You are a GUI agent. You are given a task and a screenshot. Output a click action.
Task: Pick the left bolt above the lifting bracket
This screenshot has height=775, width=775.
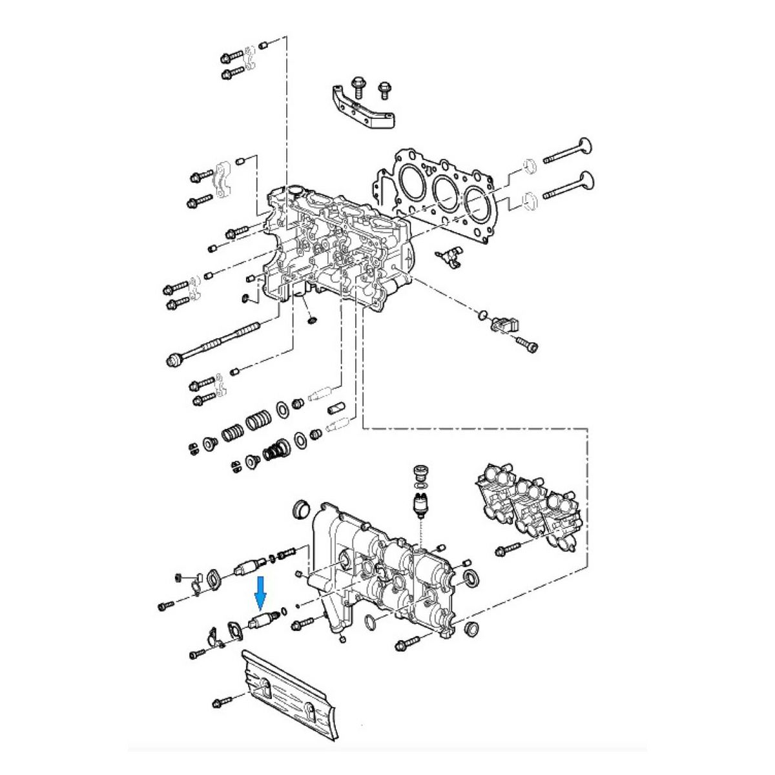pos(356,85)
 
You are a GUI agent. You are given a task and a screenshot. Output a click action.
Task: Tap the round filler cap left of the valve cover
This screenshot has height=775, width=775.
pos(300,508)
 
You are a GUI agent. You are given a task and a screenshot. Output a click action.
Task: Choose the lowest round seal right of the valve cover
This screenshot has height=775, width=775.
pos(471,629)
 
